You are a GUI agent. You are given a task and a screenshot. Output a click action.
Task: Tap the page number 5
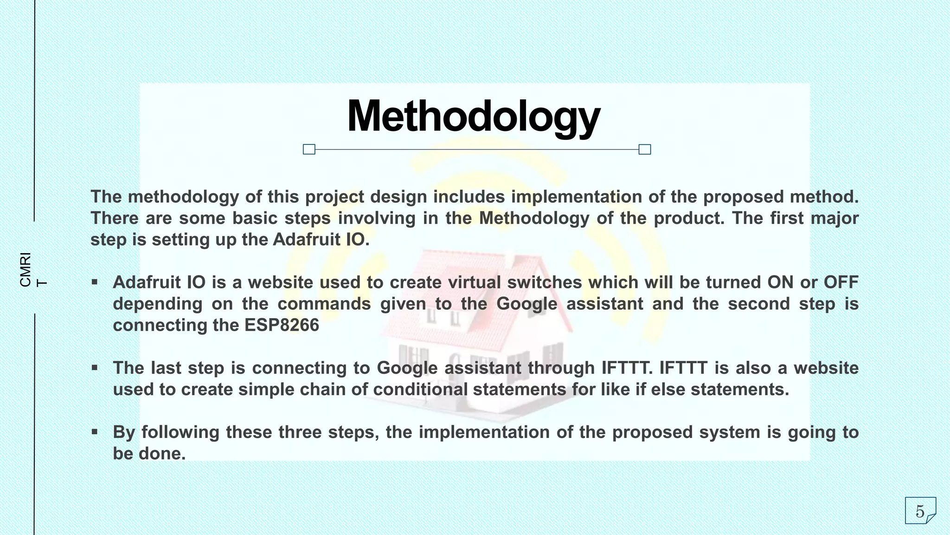pyautogui.click(x=920, y=511)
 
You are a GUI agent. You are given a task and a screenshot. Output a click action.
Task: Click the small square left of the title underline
pyautogui.click(x=309, y=149)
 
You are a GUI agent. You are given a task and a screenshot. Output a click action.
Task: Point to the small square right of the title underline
pyautogui.click(x=645, y=149)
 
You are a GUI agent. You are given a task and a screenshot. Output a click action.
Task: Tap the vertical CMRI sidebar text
pyautogui.click(x=26, y=269)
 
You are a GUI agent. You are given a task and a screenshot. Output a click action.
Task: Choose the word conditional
pyautogui.click(x=420, y=389)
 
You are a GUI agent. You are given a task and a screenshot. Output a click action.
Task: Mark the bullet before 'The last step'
pyautogui.click(x=95, y=368)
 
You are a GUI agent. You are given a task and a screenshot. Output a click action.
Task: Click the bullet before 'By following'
pyautogui.click(x=95, y=432)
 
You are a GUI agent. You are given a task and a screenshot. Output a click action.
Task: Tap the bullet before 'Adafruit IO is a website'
pyautogui.click(x=95, y=282)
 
